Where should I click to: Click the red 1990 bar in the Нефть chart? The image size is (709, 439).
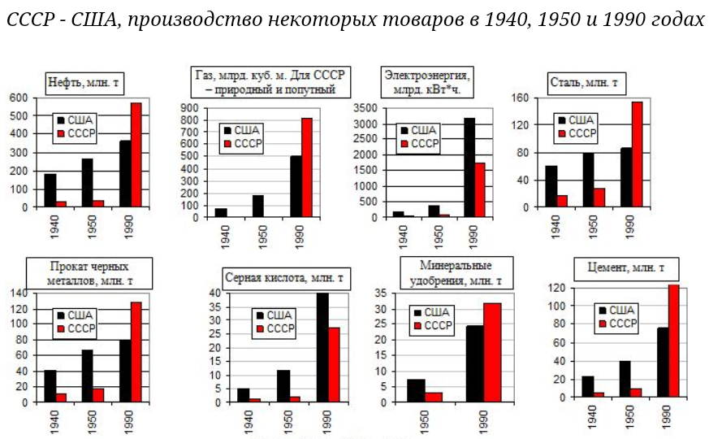click(x=136, y=154)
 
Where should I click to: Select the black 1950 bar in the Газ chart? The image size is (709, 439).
click(x=258, y=206)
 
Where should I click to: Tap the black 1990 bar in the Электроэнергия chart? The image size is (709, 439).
click(x=469, y=167)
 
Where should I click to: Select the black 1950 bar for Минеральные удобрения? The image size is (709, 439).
click(x=416, y=390)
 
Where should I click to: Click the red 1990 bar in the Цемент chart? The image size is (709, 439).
click(x=673, y=341)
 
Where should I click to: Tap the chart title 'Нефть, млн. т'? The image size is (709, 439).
click(x=84, y=82)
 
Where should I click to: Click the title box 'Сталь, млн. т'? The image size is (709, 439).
click(x=584, y=82)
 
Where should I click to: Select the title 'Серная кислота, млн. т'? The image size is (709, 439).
click(x=283, y=278)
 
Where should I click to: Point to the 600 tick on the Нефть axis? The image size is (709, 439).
click(x=19, y=98)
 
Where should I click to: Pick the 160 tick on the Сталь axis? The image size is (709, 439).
click(x=520, y=98)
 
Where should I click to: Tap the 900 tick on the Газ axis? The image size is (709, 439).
click(x=193, y=108)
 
